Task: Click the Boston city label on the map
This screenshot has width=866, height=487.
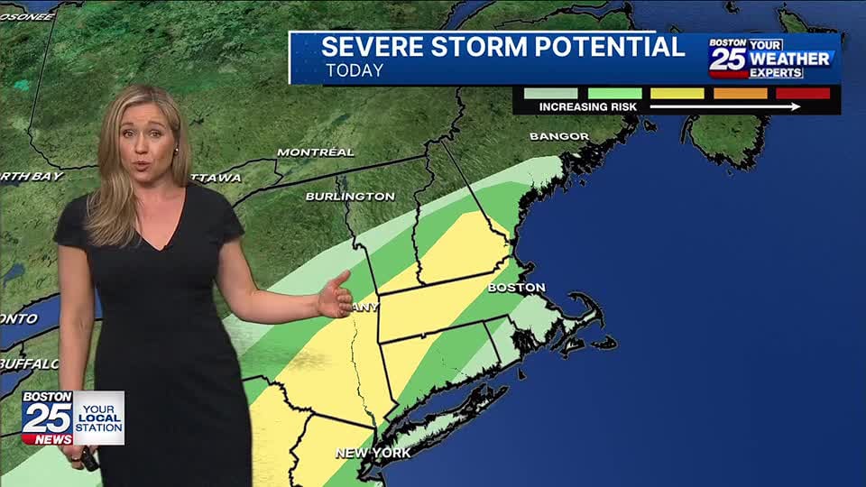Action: (x=516, y=288)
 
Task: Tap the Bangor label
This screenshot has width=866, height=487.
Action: (x=558, y=136)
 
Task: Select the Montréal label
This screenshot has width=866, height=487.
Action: (x=315, y=152)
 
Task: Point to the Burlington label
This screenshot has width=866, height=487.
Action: (x=350, y=196)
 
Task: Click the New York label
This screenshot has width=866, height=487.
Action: (x=373, y=453)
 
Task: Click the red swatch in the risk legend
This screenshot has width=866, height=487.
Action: (x=803, y=93)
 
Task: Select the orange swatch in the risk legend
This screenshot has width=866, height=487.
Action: (x=740, y=93)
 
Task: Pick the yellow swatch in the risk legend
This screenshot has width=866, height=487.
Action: (x=677, y=93)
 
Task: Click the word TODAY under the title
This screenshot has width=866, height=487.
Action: (x=355, y=70)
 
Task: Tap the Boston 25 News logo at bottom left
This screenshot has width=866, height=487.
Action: (x=47, y=418)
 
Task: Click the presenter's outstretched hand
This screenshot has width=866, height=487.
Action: (x=336, y=295)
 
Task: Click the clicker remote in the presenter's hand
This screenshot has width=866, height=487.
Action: (x=88, y=460)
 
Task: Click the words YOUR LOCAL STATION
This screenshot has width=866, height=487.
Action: (x=98, y=418)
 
